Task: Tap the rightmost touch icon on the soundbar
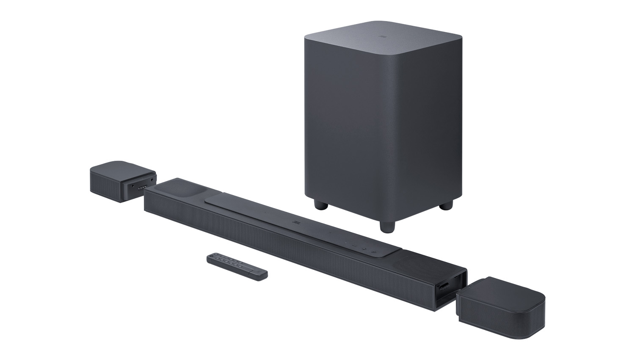pos(374,253)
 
